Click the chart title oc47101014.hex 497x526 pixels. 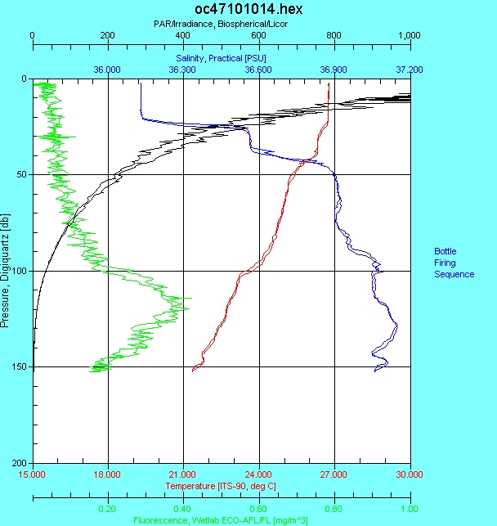[x=221, y=11]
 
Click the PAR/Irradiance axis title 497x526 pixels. [x=221, y=25]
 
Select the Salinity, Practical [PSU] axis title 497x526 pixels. [x=221, y=59]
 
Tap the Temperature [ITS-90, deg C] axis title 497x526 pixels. [x=221, y=486]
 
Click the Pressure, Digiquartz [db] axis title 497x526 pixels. [x=7, y=271]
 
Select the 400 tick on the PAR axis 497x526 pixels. [x=183, y=35]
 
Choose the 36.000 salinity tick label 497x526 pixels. [x=108, y=70]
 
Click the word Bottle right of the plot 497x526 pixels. [x=446, y=251]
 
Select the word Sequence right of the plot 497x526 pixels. [x=454, y=275]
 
